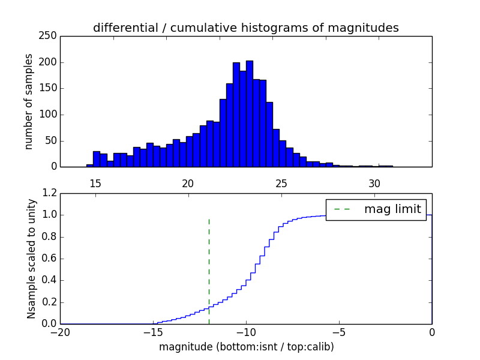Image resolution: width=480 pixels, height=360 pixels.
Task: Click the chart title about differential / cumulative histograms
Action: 245,28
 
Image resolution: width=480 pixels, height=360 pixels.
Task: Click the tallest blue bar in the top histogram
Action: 249,114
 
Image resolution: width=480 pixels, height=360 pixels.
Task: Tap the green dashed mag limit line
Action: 209,270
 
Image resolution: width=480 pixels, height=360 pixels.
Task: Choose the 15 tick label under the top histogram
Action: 95,183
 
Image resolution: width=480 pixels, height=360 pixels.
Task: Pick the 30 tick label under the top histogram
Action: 374,183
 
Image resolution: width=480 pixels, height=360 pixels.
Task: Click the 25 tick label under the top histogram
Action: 281,183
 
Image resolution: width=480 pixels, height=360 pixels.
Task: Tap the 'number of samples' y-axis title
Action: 29,101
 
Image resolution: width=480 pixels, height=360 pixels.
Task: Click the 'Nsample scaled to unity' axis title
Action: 31,258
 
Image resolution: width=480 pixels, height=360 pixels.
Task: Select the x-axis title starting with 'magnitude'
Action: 246,347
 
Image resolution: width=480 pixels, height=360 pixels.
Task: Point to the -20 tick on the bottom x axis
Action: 60,332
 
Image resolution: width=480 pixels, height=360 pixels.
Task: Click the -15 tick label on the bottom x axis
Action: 153,332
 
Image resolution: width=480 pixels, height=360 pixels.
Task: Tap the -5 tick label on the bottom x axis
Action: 339,332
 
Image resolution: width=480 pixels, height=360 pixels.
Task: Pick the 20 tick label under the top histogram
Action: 188,183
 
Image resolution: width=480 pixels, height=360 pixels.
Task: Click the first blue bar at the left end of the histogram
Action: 90,165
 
